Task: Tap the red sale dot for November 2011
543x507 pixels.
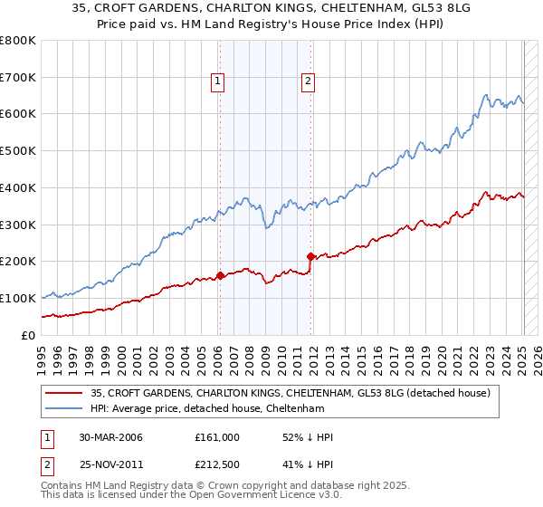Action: click(x=310, y=256)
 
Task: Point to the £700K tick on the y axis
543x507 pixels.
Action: click(x=19, y=77)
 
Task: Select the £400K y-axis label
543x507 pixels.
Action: click(x=19, y=187)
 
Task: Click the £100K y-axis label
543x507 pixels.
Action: click(x=19, y=298)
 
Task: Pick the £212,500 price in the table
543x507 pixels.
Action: click(x=217, y=467)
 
